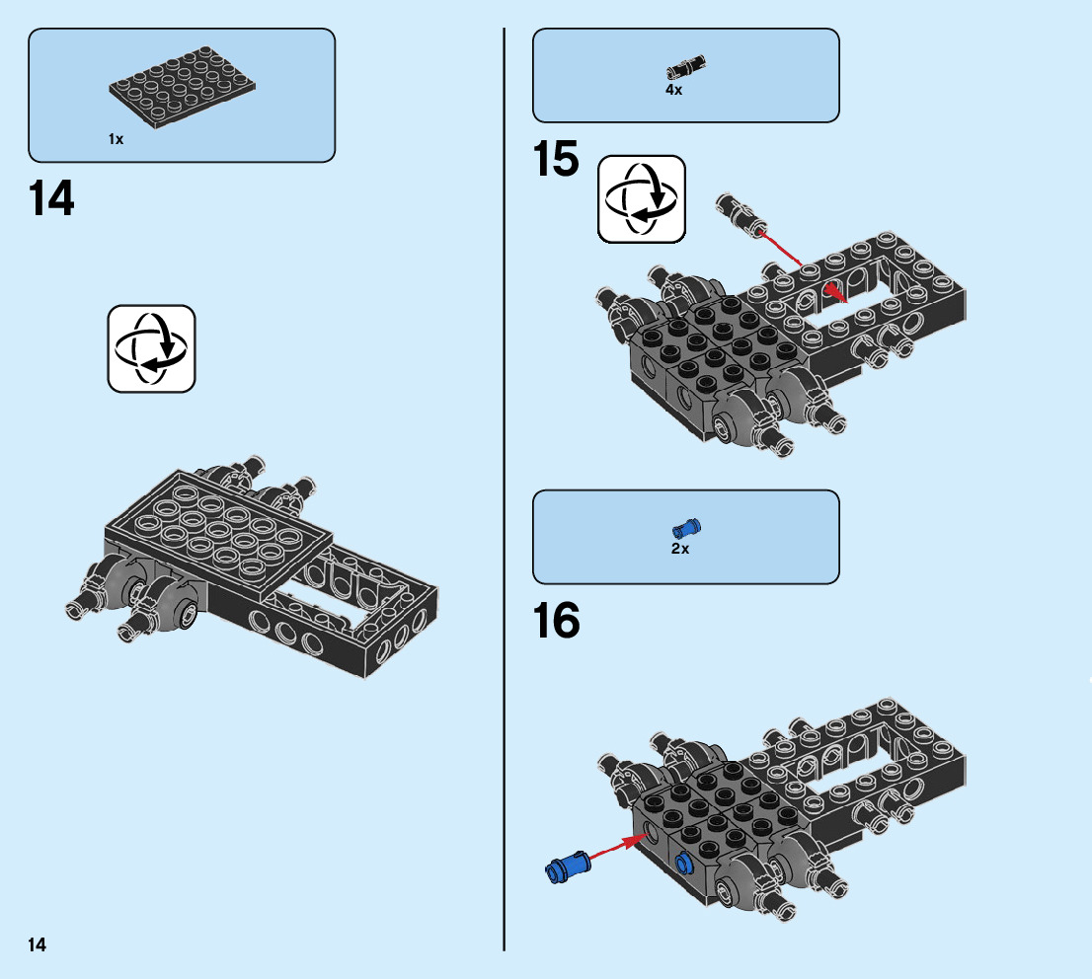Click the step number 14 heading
point(51,199)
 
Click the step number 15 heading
point(556,160)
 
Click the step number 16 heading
point(556,622)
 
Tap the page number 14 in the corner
point(37,945)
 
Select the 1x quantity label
point(116,140)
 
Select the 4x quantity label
point(673,90)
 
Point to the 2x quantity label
point(679,549)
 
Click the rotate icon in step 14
point(151,348)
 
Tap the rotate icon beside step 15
point(641,199)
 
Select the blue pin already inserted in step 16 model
point(683,864)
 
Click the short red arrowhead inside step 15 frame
point(835,292)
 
